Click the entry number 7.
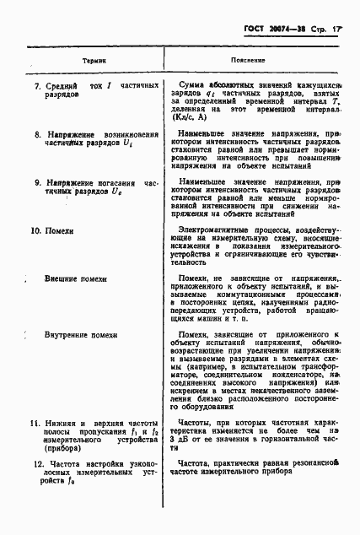36,86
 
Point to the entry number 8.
36,134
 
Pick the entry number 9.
36,182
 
